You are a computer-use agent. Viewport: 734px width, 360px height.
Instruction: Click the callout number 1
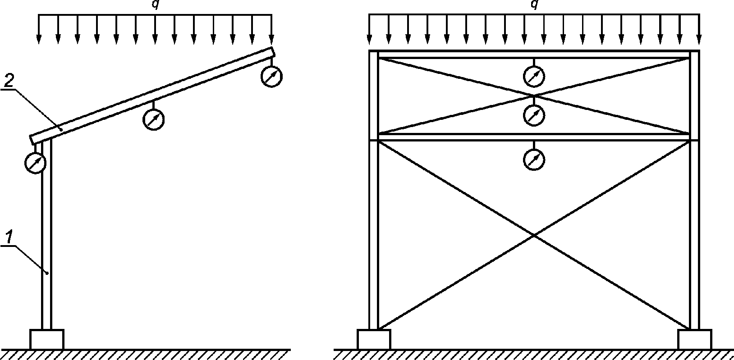click(9, 237)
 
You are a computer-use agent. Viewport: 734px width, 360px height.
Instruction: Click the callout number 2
click(9, 80)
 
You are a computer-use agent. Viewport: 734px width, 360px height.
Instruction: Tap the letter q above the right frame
click(534, 5)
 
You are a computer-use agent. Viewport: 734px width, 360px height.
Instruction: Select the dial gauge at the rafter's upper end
click(271, 76)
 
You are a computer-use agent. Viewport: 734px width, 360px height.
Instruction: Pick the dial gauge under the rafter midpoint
click(153, 119)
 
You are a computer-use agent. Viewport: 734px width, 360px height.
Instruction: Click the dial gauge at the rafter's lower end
click(35, 163)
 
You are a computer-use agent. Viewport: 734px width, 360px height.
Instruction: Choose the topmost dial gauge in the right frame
click(534, 76)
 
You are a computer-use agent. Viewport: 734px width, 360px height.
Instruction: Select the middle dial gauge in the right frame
click(534, 115)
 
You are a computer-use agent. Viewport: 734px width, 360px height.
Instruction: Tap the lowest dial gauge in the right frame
click(534, 159)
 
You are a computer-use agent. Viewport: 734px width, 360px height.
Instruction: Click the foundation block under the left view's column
click(47, 339)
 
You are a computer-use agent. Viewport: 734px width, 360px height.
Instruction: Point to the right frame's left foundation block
click(374, 339)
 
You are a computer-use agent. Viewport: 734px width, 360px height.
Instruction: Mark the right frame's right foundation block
click(695, 339)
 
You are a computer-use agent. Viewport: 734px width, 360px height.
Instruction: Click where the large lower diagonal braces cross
click(534, 235)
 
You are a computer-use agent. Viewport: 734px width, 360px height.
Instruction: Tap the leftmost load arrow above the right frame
click(369, 29)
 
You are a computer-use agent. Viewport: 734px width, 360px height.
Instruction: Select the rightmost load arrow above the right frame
click(699, 29)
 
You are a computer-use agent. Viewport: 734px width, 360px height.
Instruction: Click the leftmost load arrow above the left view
click(39, 29)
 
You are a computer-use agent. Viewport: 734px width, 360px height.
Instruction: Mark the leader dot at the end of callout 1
click(47, 273)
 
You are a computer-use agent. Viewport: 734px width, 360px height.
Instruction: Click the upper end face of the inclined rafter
click(273, 52)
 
